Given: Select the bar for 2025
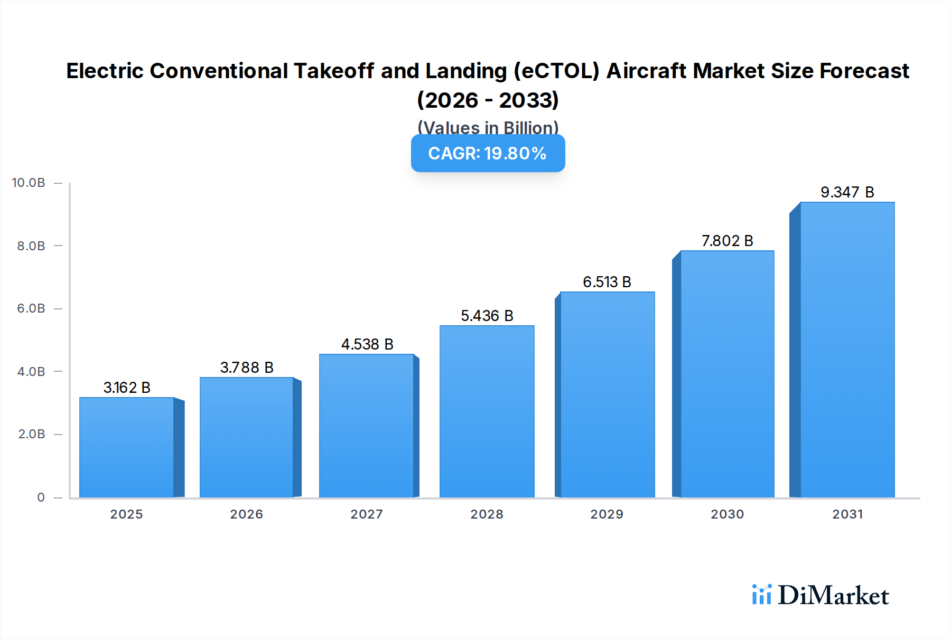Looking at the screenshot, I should pyautogui.click(x=127, y=447).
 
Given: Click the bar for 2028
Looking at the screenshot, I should pyautogui.click(x=487, y=411).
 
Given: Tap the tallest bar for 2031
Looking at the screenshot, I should pyautogui.click(x=847, y=350).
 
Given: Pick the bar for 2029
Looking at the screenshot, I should pyautogui.click(x=607, y=394).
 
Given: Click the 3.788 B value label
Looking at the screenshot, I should pyautogui.click(x=247, y=368).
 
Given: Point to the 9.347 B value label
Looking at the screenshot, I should pyautogui.click(x=847, y=192).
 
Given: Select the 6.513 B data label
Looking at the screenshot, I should pyautogui.click(x=607, y=282).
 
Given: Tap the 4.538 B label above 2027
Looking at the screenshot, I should pyautogui.click(x=367, y=344).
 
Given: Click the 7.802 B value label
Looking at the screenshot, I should pyautogui.click(x=727, y=241).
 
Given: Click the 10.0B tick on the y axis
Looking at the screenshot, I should pyautogui.click(x=29, y=183).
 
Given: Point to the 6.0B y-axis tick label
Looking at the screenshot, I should pyautogui.click(x=31, y=308).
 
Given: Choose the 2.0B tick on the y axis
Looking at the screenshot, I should pyautogui.click(x=31, y=434).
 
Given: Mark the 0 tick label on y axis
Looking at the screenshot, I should pyautogui.click(x=41, y=497).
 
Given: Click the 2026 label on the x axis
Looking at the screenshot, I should pyautogui.click(x=246, y=514).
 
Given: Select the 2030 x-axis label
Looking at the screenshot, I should pyautogui.click(x=727, y=514).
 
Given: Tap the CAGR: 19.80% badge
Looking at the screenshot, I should pyautogui.click(x=488, y=153).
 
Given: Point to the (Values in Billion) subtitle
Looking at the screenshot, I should pyautogui.click(x=488, y=127).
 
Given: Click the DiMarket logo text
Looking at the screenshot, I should pyautogui.click(x=833, y=596).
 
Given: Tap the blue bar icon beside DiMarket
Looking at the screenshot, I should pyautogui.click(x=761, y=595).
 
